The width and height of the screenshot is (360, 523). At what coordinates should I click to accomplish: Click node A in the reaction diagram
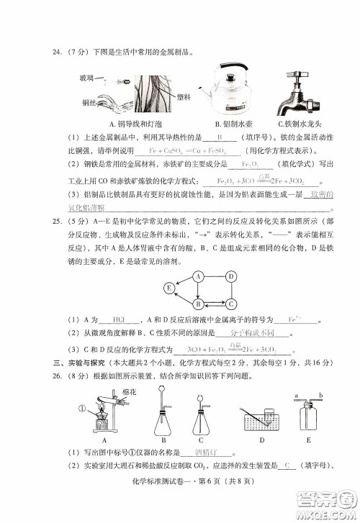click(x=176, y=276)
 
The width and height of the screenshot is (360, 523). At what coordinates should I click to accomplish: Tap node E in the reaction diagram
click(x=149, y=289)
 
